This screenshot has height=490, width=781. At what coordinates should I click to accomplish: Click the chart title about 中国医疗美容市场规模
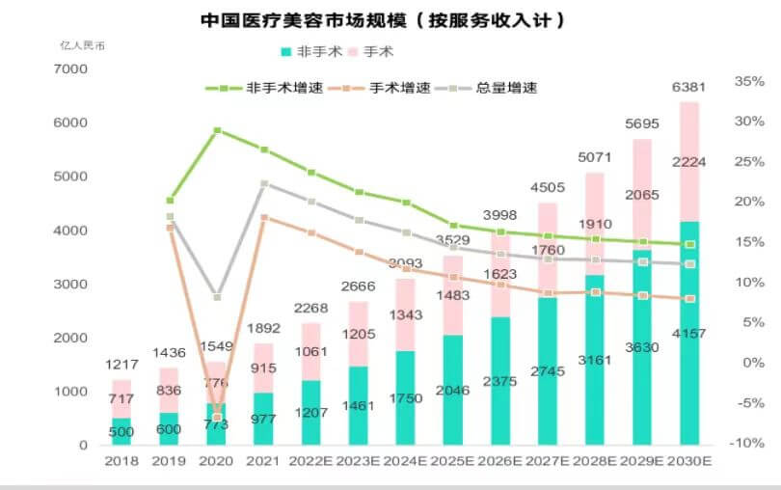pyautogui.click(x=382, y=19)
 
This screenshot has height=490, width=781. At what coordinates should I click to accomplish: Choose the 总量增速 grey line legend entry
pyautogui.click(x=492, y=88)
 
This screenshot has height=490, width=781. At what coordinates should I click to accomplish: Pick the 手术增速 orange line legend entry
pyautogui.click(x=377, y=88)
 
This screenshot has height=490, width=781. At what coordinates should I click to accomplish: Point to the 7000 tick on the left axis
pyautogui.click(x=71, y=69)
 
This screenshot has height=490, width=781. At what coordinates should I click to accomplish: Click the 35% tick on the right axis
pyautogui.click(x=748, y=81)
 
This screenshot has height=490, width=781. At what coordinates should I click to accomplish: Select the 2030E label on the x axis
pyautogui.click(x=689, y=462)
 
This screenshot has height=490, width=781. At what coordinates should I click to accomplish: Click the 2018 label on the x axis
pyautogui.click(x=121, y=462)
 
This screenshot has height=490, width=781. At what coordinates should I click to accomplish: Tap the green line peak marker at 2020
pyautogui.click(x=218, y=129)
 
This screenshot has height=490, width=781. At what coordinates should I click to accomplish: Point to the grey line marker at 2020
pyautogui.click(x=218, y=297)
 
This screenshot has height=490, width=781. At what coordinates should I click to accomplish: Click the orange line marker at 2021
pyautogui.click(x=264, y=217)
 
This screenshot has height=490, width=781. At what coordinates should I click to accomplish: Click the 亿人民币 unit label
pyautogui.click(x=80, y=45)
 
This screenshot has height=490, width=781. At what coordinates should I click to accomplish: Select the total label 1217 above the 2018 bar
pyautogui.click(x=121, y=367)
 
